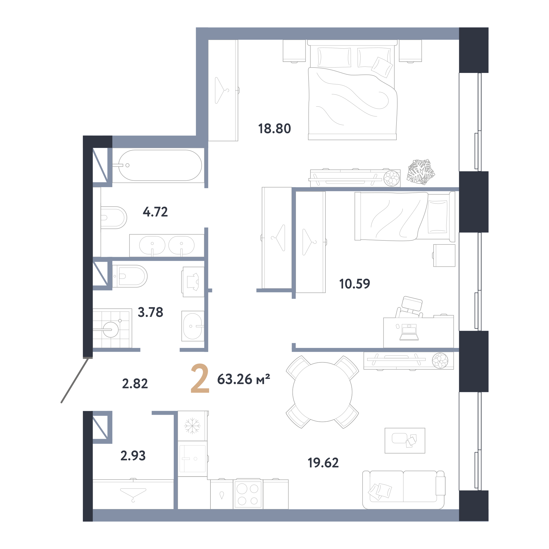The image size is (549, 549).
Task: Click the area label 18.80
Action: coord(274,128)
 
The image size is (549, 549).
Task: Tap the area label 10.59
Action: coord(355,284)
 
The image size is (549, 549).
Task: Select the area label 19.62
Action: coord(323,463)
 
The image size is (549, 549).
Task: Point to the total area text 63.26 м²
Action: coord(243,379)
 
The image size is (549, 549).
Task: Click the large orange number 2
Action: coord(200,378)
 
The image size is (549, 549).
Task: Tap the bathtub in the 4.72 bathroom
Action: coord(160,165)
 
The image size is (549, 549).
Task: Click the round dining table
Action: coord(322,392)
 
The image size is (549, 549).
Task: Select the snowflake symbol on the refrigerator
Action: coord(192,426)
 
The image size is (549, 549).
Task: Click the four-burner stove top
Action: coord(248,494)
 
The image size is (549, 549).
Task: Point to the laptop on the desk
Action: coord(409,332)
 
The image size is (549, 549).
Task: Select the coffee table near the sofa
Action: coord(405,440)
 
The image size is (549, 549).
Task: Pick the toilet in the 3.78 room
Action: coord(130,276)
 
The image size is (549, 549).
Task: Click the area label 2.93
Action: coord(133,455)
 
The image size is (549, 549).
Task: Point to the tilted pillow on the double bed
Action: coord(382,67)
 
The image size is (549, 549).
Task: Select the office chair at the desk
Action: coord(409,307)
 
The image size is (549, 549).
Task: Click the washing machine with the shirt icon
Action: coord(193,282)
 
